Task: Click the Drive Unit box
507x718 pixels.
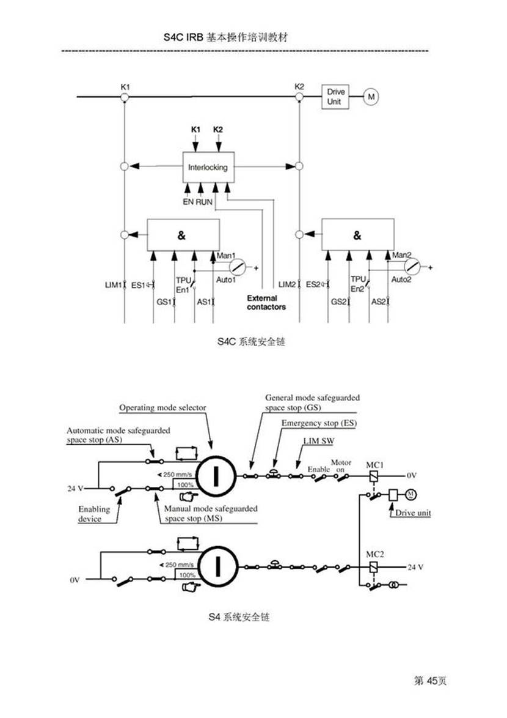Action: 334,97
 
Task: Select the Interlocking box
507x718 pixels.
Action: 207,167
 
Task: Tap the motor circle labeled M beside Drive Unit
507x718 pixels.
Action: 370,97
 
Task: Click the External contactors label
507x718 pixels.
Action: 266,303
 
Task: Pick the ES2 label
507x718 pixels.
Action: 314,284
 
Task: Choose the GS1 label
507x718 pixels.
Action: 164,302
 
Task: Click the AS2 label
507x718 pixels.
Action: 378,302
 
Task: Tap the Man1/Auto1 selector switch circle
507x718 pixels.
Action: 238,267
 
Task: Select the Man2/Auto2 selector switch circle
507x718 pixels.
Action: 414,267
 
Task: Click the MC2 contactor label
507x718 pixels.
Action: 374,555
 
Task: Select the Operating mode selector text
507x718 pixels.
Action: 162,407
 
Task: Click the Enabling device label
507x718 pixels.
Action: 94,514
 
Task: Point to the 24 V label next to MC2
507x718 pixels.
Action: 415,567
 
